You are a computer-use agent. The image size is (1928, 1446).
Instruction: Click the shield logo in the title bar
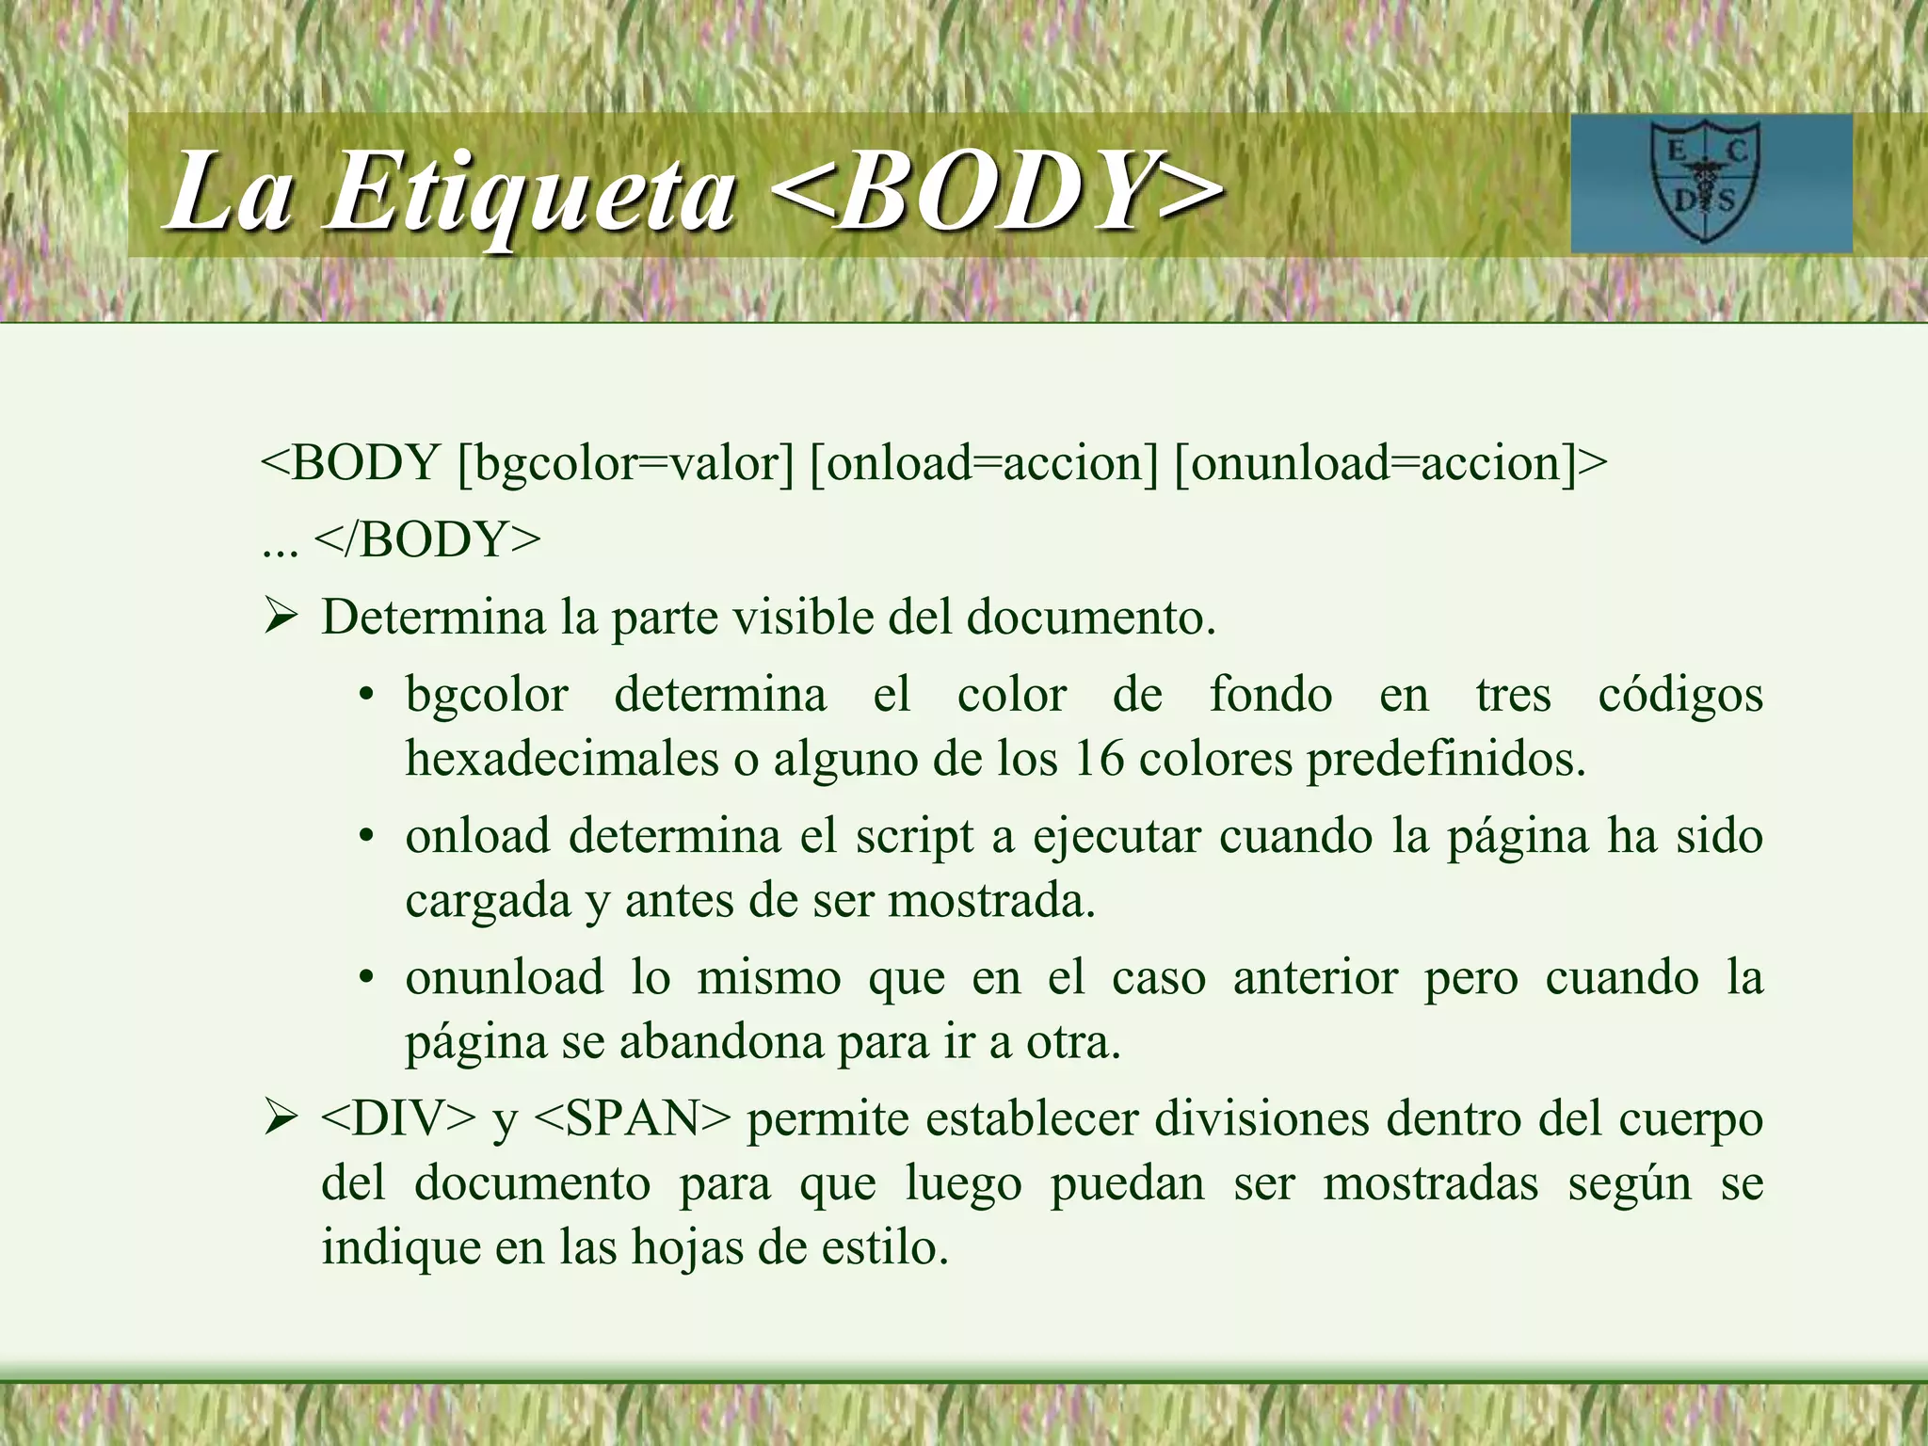click(x=1705, y=184)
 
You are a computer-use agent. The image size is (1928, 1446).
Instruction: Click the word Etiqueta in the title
click(x=529, y=193)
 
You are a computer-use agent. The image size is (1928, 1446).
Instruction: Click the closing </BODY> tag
click(x=428, y=540)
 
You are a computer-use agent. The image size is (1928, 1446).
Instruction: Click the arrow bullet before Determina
click(x=281, y=619)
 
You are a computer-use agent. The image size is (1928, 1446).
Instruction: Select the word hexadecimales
click(x=562, y=759)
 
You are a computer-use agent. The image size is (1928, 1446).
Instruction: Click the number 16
click(x=1098, y=759)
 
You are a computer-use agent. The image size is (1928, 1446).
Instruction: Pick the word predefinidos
click(x=1445, y=759)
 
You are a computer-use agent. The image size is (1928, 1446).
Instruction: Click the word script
click(x=914, y=837)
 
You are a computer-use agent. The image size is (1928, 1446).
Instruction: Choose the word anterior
click(x=1315, y=978)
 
